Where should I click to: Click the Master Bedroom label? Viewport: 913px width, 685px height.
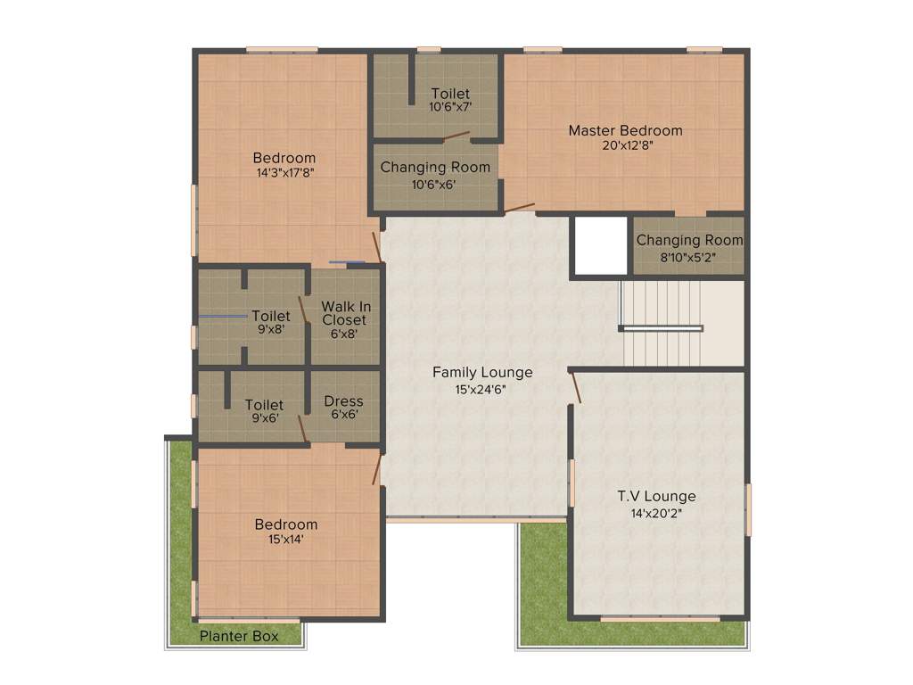(x=625, y=130)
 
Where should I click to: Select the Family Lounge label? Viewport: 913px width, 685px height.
(x=482, y=372)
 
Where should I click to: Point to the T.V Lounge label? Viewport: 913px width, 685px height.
(x=656, y=496)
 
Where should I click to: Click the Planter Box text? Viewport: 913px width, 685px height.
(x=238, y=636)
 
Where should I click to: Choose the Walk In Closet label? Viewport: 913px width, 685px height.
(x=346, y=313)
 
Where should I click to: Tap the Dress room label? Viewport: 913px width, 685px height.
(x=343, y=400)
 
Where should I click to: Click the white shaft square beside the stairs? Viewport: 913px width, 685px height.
(x=599, y=245)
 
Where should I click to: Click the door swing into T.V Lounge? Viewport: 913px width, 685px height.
(x=576, y=387)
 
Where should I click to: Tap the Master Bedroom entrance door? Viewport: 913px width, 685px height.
(x=520, y=209)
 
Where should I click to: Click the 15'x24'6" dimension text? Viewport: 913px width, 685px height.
(x=482, y=388)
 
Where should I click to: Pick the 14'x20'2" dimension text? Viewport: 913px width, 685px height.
(x=656, y=512)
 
